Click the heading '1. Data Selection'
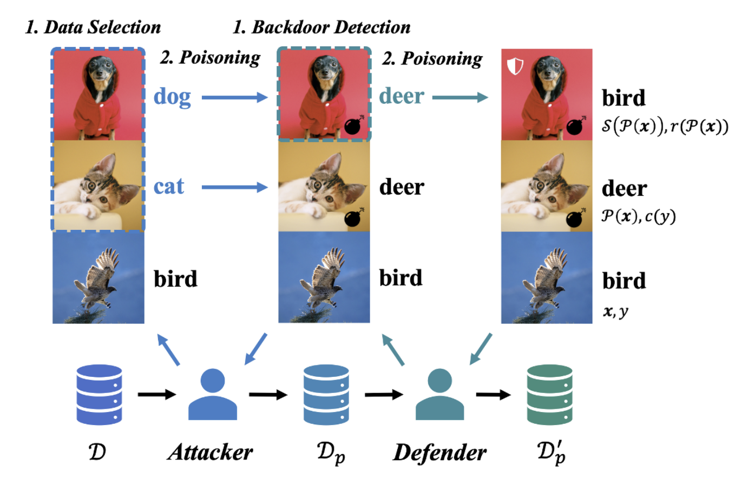tap(93, 26)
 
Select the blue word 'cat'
tap(169, 187)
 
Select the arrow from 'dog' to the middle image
tap(234, 98)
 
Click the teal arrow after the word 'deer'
tap(459, 98)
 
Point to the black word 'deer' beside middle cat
tap(401, 188)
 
